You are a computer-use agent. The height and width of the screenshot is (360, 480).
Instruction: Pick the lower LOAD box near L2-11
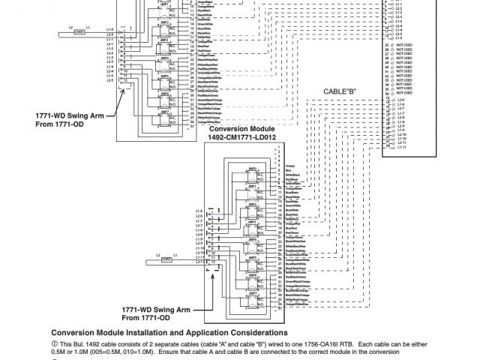tap(146, 259)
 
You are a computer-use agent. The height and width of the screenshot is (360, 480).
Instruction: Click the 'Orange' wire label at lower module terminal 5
tap(292, 163)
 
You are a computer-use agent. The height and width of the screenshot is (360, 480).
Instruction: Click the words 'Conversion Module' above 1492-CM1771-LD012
tap(238, 129)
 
